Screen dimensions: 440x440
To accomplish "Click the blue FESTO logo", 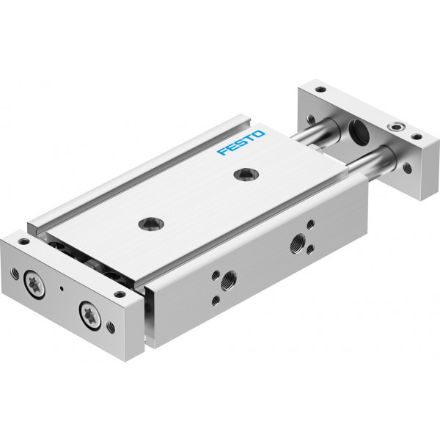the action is click(241, 142).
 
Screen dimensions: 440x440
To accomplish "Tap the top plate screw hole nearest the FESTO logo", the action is click(246, 175).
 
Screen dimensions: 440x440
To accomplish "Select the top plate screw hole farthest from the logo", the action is click(152, 224).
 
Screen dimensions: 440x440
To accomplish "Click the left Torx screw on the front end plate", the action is click(34, 285).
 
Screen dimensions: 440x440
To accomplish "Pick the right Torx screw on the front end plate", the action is click(90, 317).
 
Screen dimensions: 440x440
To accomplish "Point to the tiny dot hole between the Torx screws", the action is click(62, 288).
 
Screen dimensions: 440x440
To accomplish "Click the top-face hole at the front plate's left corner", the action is click(23, 241).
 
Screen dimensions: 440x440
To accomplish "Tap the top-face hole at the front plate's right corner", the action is click(120, 294).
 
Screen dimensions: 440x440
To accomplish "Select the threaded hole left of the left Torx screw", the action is click(15, 274).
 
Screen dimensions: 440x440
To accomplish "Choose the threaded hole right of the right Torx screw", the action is click(111, 327).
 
